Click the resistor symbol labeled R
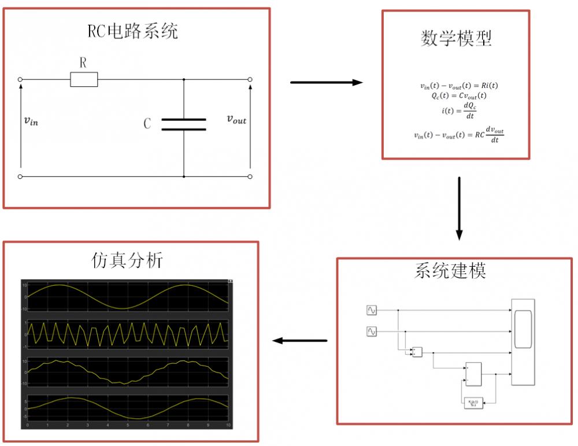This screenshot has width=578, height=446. [x=84, y=79]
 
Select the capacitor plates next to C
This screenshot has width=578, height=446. [x=183, y=124]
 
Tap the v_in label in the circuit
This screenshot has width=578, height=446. [x=31, y=121]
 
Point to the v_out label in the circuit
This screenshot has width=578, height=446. [x=236, y=119]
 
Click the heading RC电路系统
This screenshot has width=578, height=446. [x=133, y=31]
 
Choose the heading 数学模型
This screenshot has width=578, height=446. [x=455, y=38]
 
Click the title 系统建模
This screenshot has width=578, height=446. [x=450, y=270]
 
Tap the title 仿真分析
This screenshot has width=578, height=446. [x=127, y=260]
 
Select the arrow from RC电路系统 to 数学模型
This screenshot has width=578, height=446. [x=326, y=83]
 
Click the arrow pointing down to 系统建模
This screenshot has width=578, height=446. [x=459, y=208]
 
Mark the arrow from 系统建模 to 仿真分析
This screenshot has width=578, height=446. [x=300, y=340]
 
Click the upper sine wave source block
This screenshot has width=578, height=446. [x=372, y=311]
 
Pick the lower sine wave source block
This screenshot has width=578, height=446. [x=372, y=331]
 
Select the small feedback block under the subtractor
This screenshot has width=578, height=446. [x=472, y=403]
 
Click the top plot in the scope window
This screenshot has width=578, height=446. [x=128, y=297]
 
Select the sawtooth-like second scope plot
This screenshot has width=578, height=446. [x=128, y=334]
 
